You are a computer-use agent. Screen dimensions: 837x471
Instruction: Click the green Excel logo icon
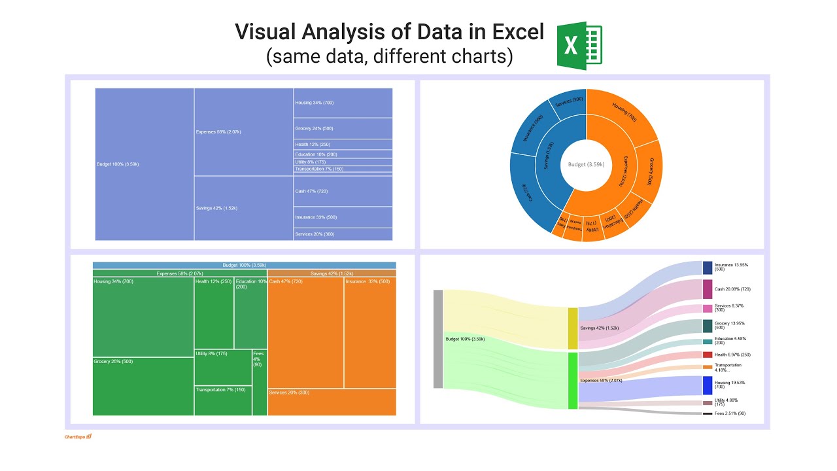tap(579, 46)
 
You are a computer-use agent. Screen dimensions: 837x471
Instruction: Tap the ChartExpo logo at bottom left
tap(78, 436)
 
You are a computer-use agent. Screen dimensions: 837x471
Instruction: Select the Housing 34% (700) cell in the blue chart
tap(343, 103)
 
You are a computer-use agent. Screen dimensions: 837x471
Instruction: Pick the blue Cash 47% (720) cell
tap(343, 191)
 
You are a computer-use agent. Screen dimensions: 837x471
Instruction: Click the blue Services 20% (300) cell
tap(343, 234)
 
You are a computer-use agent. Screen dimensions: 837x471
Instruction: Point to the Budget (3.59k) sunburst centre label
tap(587, 165)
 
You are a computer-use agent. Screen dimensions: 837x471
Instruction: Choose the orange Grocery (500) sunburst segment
tap(649, 171)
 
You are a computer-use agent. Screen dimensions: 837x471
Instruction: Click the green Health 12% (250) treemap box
tap(214, 313)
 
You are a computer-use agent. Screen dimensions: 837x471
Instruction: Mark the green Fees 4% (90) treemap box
tap(259, 383)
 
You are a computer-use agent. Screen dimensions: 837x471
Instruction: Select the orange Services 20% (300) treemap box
tap(332, 402)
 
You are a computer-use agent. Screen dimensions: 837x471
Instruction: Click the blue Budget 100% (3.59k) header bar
tap(244, 265)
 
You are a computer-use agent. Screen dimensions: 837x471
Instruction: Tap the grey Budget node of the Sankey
tap(438, 339)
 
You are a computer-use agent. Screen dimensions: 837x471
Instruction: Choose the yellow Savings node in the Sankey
tap(573, 328)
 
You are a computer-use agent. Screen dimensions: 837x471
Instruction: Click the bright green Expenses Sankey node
tap(573, 381)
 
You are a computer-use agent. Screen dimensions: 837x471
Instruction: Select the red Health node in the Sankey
tap(708, 355)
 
